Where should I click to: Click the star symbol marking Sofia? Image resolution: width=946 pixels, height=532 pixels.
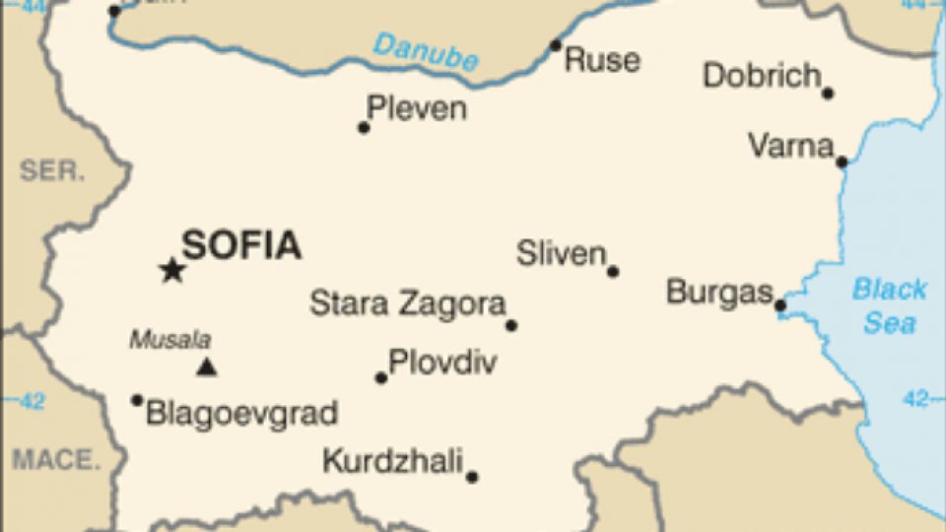tap(172, 270)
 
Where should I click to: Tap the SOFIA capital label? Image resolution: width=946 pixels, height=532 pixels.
tap(241, 245)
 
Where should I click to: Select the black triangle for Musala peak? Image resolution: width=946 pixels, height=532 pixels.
tap(206, 367)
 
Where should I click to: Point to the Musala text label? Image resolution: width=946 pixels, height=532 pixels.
tap(170, 341)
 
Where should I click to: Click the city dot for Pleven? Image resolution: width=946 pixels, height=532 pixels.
tap(364, 127)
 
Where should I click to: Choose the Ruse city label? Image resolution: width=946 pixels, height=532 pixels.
tap(602, 59)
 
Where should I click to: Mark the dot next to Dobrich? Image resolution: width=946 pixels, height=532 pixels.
tap(828, 94)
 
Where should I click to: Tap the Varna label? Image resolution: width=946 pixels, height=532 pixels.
tap(790, 147)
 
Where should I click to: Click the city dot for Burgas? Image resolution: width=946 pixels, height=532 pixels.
tap(780, 305)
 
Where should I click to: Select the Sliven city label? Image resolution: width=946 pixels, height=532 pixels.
tap(562, 254)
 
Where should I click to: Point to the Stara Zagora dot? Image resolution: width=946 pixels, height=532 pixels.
tap(511, 325)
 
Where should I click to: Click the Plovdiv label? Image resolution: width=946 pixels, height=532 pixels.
tap(442, 363)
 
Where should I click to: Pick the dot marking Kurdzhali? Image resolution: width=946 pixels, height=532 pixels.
tap(472, 477)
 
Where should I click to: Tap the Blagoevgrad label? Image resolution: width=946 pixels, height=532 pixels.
tap(241, 413)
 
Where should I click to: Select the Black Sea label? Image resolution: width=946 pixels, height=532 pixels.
tap(889, 305)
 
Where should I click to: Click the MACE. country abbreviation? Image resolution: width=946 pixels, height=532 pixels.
tap(56, 459)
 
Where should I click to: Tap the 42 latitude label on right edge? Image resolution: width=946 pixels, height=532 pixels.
tap(916, 399)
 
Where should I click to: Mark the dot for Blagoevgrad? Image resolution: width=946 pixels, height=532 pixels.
tap(137, 400)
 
